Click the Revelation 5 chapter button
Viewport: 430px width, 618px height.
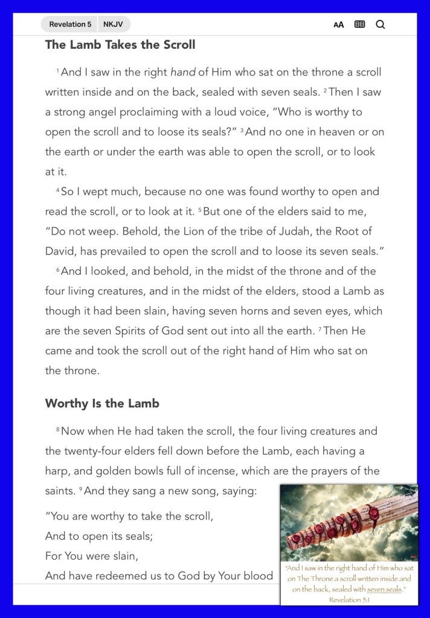(70, 24)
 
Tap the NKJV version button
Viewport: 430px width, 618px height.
(113, 24)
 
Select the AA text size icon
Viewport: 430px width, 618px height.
(339, 25)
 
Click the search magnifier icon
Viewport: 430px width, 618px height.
(380, 25)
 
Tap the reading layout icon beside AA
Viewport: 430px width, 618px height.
(360, 25)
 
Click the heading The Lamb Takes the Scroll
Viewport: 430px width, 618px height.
(120, 45)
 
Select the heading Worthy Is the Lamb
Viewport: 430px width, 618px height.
(102, 404)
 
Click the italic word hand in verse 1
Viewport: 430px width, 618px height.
(183, 72)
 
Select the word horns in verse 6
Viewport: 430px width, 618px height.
(264, 311)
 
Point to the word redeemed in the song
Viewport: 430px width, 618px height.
(140, 576)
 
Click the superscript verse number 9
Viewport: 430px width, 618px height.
(80, 490)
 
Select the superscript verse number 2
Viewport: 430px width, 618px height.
(324, 91)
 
